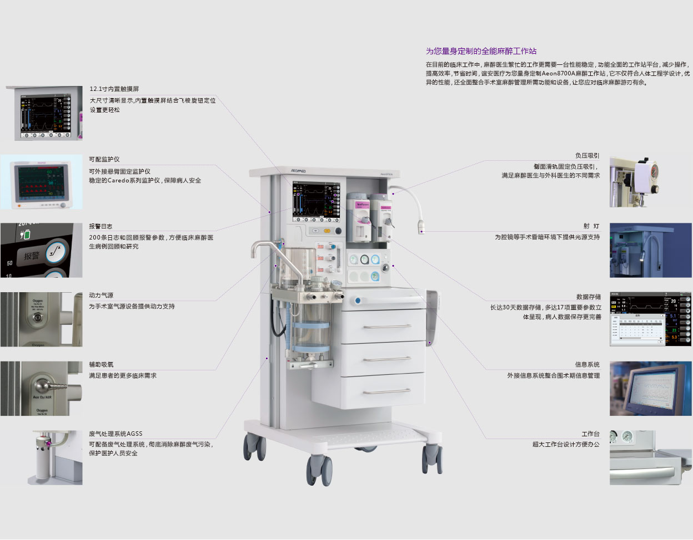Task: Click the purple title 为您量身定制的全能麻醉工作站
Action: coord(481,51)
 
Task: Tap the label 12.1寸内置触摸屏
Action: coord(114,89)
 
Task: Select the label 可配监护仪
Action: coord(104,159)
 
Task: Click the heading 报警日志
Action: coord(101,226)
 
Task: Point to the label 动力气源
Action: coord(101,296)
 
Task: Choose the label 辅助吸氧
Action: coord(101,365)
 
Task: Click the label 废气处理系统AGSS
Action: coord(115,434)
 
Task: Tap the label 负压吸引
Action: coord(587,156)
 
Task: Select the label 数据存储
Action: coord(589,297)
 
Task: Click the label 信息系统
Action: coord(587,365)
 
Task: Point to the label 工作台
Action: coord(590,434)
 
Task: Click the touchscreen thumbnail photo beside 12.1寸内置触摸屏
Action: coord(45,114)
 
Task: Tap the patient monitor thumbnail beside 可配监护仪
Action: coord(41,182)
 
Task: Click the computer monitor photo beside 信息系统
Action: coord(650,389)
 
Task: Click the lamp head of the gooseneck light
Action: coord(423,227)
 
